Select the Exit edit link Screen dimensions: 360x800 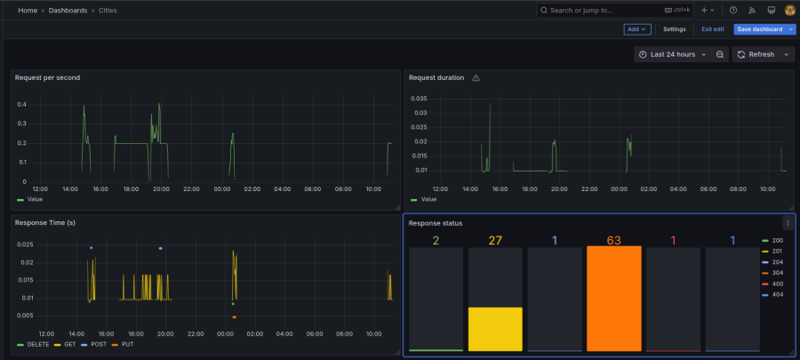click(713, 29)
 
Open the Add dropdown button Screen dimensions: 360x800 click(637, 29)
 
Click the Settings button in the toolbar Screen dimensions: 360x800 click(675, 29)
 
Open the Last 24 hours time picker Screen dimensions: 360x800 click(672, 54)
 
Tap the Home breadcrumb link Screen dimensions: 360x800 click(28, 10)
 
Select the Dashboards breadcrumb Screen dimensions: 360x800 click(68, 10)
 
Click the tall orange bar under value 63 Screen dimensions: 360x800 click(612, 298)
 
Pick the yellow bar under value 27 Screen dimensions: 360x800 click(494, 329)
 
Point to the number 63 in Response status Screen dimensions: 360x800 click(612, 240)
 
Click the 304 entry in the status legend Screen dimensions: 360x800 click(776, 273)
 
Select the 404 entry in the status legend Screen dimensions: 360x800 click(776, 294)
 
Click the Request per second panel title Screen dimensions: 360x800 click(47, 77)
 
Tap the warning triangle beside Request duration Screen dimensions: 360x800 click(476, 78)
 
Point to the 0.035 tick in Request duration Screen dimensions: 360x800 click(418, 99)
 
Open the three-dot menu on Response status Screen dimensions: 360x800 click(787, 223)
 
